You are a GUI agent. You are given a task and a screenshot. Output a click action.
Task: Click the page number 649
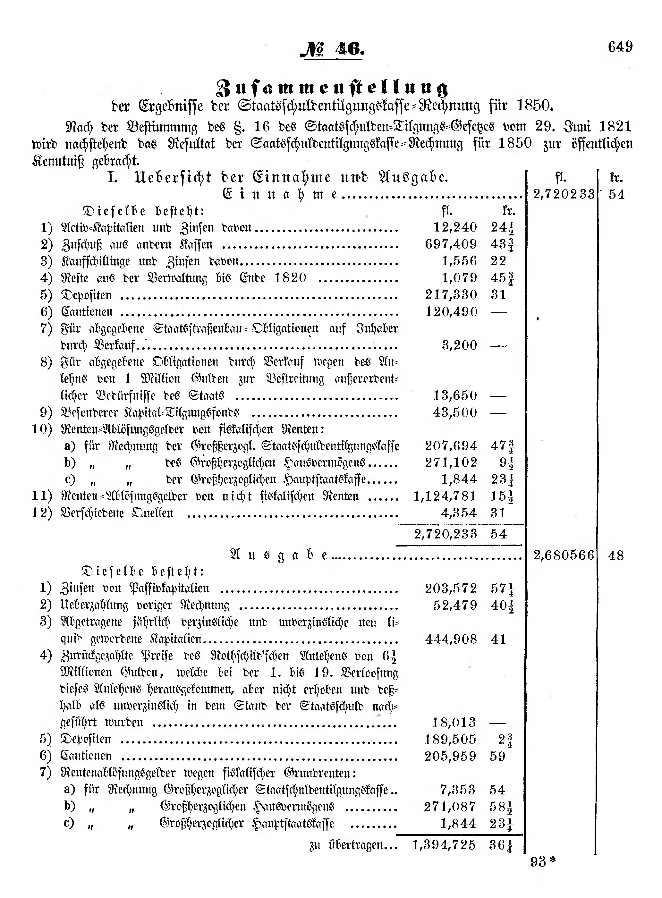620,47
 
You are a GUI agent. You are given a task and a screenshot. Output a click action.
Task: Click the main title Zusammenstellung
332,88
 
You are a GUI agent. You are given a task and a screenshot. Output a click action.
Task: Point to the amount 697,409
451,244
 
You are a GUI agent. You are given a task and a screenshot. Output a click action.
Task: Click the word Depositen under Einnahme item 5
86,295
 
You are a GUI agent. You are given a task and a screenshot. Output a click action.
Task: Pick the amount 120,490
451,312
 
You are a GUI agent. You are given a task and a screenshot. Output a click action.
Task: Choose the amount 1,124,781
445,496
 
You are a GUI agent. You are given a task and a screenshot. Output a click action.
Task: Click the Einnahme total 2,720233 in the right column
564,194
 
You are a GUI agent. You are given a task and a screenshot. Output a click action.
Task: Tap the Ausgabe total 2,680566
564,555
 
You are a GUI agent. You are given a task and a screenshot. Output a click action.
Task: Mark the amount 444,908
451,639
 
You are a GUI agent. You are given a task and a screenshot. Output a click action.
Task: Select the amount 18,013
454,723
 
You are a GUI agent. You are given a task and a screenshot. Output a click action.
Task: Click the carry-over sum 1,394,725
444,845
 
